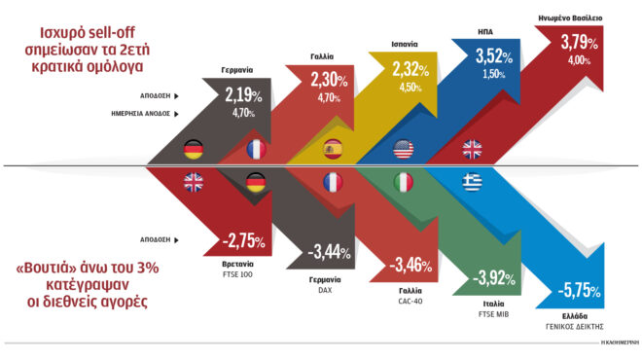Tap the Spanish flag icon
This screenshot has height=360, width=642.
coord(333,149)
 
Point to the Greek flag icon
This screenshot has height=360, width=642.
coord(471,183)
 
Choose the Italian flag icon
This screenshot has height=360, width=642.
coord(401,183)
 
